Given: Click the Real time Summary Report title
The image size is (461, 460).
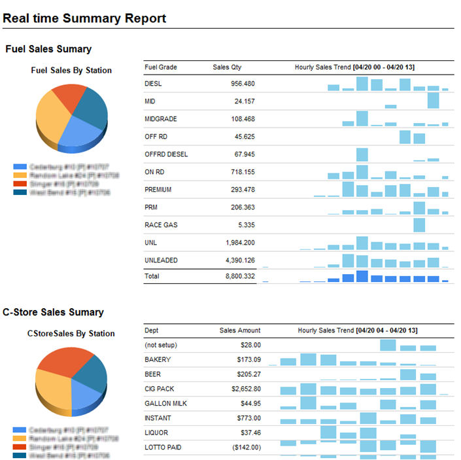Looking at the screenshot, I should (x=84, y=18).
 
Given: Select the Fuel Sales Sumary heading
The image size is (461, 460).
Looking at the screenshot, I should (x=48, y=49).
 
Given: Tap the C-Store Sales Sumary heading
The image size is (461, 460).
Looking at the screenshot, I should (x=53, y=312).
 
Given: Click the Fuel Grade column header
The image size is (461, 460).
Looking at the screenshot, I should (x=160, y=67).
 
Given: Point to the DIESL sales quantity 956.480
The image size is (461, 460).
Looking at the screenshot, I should (x=243, y=84).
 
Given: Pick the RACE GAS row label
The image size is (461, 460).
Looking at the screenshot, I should (x=161, y=225).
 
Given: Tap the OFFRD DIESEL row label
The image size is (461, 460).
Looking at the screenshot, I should (x=166, y=154).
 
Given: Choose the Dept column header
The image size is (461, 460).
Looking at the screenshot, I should (x=151, y=330).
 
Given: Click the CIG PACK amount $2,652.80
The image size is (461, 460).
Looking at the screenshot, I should (x=242, y=389).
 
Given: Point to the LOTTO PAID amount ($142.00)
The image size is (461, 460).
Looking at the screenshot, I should (x=243, y=448).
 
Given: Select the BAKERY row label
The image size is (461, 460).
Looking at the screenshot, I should (x=158, y=360).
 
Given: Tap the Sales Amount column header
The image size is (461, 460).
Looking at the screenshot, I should (x=240, y=330).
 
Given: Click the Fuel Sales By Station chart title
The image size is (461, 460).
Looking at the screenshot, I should (x=71, y=71).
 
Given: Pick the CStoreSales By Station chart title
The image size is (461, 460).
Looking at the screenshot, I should (x=71, y=334).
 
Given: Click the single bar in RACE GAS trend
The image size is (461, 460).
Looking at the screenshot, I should (x=419, y=225).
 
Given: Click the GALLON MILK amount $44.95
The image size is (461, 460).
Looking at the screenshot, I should (x=248, y=404).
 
